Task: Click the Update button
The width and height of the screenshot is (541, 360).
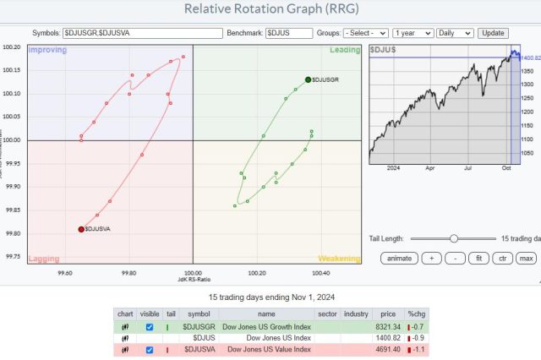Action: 493,32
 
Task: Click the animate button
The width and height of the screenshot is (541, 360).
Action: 400,258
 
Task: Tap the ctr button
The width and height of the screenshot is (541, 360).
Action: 502,258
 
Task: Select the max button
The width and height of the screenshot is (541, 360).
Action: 527,258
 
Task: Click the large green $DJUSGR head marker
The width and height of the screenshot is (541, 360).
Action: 308,79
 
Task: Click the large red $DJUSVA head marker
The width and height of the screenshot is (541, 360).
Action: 81,229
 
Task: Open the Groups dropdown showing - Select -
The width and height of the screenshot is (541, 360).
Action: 365,32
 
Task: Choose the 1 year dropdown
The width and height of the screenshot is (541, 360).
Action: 413,32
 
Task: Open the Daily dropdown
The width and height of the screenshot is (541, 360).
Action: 455,32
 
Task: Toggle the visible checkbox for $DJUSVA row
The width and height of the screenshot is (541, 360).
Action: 149,349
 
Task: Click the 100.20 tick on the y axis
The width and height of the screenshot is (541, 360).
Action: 13,47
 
